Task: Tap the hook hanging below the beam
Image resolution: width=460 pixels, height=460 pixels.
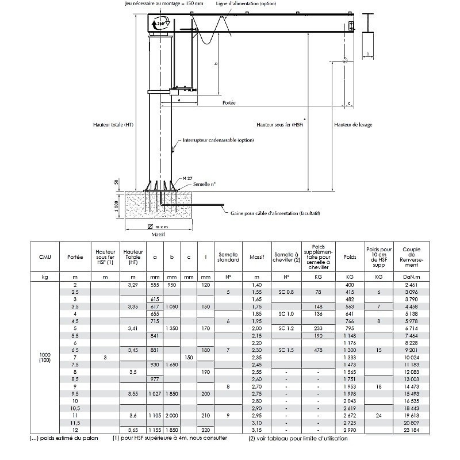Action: [346, 60]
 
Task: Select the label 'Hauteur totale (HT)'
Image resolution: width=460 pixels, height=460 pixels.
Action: [113, 125]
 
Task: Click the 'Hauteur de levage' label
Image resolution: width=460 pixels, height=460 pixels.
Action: [353, 125]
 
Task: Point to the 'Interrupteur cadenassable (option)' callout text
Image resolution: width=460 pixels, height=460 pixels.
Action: [218, 140]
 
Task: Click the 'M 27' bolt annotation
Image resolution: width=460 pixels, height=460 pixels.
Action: [187, 178]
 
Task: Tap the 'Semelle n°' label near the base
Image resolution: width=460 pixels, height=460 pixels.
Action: [204, 184]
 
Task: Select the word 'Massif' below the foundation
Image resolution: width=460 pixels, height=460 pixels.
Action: [158, 235]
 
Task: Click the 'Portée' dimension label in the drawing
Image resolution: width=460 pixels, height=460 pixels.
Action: [229, 103]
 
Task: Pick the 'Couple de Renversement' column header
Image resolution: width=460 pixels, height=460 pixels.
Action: [411, 257]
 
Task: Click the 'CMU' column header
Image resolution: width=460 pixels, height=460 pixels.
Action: [45, 257]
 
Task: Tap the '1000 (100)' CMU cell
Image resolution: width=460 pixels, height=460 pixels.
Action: [45, 357]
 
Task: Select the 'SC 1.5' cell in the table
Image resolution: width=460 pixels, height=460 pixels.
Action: [286, 350]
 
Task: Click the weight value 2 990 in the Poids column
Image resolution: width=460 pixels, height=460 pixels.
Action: [350, 430]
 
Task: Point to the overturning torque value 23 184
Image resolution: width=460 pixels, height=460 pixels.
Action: [411, 430]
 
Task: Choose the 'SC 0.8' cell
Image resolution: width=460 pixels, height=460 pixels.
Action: [286, 292]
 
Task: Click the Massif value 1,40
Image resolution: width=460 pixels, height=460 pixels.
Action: [256, 285]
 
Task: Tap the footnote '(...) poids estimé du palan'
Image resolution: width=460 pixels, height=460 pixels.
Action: [64, 438]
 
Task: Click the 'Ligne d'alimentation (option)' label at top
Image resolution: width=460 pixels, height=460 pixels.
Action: [246, 3]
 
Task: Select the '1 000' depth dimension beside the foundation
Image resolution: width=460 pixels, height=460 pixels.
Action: [116, 206]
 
